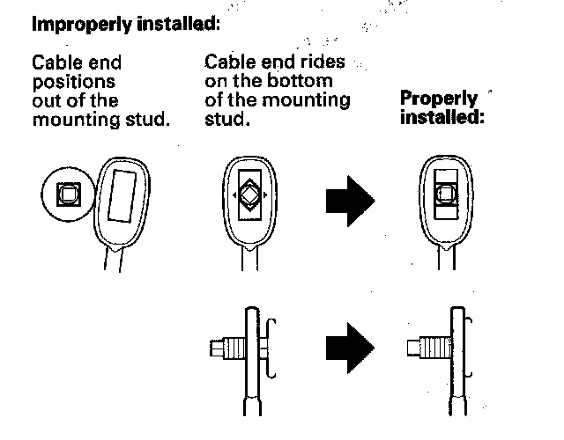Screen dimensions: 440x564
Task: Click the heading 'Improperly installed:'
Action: (x=124, y=24)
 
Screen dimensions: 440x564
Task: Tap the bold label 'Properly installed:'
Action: (x=442, y=107)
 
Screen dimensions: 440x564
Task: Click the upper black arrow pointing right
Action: (x=350, y=201)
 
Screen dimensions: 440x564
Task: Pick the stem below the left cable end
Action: (x=114, y=261)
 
